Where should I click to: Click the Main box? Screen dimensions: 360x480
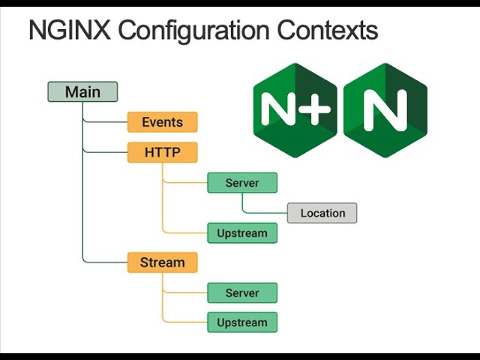[82, 92]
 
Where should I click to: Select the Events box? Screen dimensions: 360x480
[162, 122]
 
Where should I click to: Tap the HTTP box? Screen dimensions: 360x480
[162, 152]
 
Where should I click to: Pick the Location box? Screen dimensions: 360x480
[322, 213]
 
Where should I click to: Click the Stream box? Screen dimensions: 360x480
[162, 262]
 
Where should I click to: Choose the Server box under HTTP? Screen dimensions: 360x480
[241, 183]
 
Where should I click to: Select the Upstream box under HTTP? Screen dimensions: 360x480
[241, 233]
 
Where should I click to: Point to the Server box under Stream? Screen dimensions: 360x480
[241, 293]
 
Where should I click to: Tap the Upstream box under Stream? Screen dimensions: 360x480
[241, 323]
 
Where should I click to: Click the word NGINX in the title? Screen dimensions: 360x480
[69, 31]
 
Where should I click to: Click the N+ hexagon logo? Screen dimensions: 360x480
[295, 109]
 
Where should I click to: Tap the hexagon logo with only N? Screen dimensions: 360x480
[385, 109]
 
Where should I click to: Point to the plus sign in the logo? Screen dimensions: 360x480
[316, 109]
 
